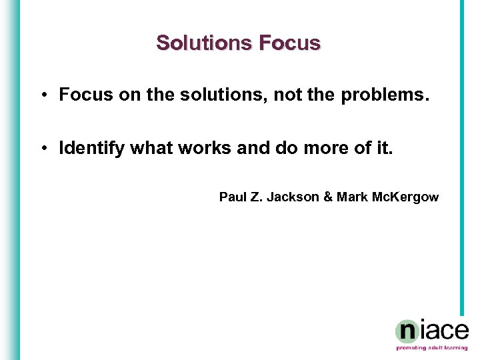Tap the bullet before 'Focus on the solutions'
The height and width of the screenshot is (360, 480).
pyautogui.click(x=42, y=95)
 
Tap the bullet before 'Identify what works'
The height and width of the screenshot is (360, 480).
pyautogui.click(x=42, y=148)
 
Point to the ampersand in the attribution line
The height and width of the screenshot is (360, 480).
pyautogui.click(x=327, y=197)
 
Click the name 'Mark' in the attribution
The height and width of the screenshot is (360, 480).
pyautogui.click(x=350, y=197)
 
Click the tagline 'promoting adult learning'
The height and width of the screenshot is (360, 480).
pyautogui.click(x=432, y=348)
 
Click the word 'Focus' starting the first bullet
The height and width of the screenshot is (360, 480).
pyautogui.click(x=81, y=95)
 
